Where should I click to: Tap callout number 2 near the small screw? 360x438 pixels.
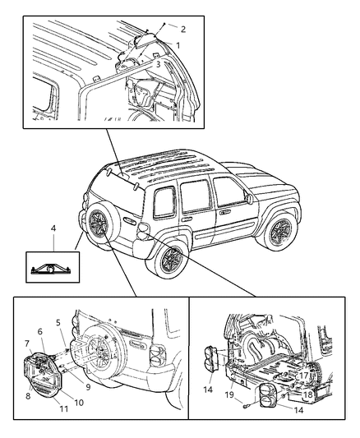coord(182,29)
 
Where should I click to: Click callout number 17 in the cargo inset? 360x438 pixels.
coord(303,377)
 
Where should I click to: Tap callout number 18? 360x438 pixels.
coord(306,394)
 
